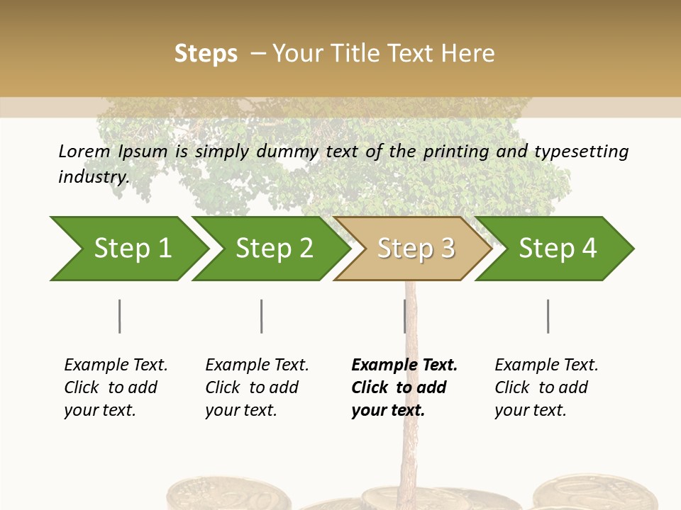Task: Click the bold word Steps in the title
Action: point(206,54)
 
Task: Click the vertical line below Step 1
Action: point(120,316)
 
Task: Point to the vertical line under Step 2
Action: point(262,316)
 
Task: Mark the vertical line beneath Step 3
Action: point(404,316)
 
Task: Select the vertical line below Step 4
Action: point(548,316)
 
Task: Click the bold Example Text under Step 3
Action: point(404,387)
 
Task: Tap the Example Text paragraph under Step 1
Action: point(116,387)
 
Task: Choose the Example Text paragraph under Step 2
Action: point(257,387)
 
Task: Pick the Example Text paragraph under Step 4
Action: point(546,387)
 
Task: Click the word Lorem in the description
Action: point(84,152)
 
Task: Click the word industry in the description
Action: point(93,176)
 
